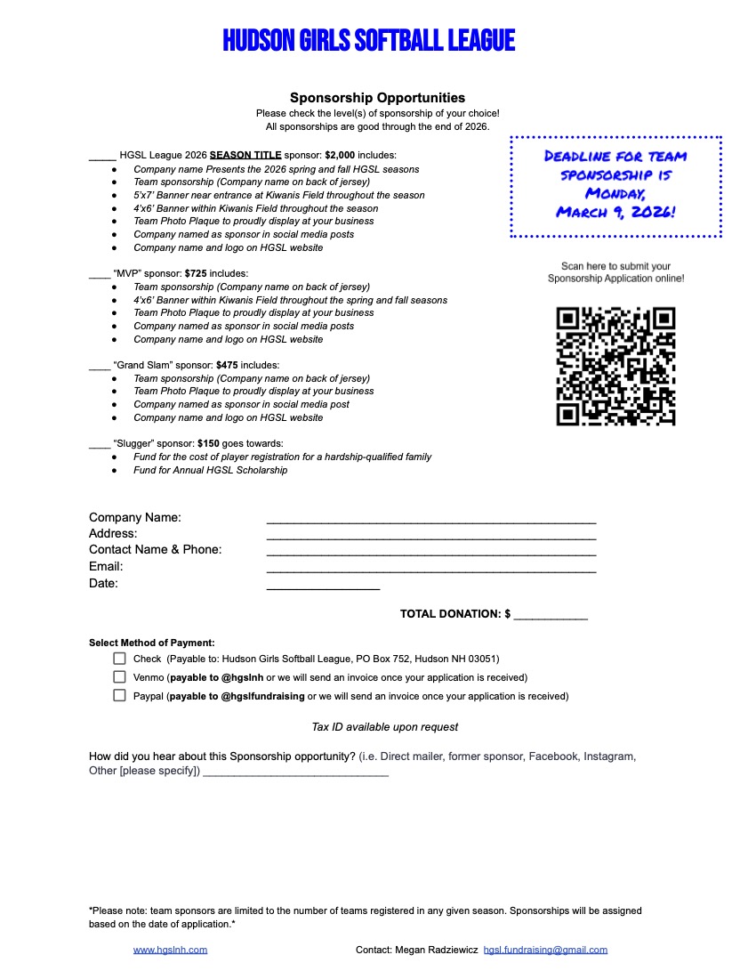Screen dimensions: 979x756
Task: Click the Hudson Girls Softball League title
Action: [x=368, y=40]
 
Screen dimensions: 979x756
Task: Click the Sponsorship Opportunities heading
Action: [x=377, y=98]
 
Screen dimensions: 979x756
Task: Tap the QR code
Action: [x=615, y=366]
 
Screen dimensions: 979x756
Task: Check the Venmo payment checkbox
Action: [x=119, y=677]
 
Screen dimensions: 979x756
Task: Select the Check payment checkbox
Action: [x=119, y=659]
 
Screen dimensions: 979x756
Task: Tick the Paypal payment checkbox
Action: [x=119, y=696]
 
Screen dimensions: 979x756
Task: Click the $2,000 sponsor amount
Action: [x=340, y=155]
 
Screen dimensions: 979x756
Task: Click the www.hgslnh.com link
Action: [x=170, y=950]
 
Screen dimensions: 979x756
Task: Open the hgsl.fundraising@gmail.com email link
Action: [x=545, y=950]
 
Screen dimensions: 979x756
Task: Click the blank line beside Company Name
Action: [x=430, y=520]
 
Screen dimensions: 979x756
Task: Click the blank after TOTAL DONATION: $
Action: [x=551, y=616]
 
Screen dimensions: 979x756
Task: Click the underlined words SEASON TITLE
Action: [x=245, y=155]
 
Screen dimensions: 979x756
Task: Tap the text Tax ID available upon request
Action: [x=384, y=727]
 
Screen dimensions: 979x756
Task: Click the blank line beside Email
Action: [x=430, y=570]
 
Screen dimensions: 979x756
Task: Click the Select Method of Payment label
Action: [x=151, y=643]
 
